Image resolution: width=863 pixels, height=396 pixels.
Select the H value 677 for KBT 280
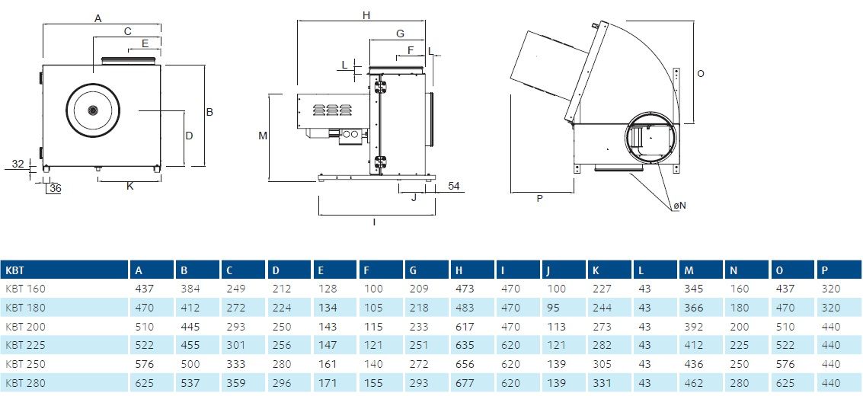465,383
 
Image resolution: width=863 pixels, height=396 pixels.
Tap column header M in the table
689,270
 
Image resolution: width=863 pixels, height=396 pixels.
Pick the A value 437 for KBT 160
145,289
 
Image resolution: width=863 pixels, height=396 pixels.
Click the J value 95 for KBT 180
552,308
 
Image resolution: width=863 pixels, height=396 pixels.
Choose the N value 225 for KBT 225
739,346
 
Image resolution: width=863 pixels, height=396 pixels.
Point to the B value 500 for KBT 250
190,364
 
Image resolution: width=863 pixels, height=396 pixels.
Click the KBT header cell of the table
15,270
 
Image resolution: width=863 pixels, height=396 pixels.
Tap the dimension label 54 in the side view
453,186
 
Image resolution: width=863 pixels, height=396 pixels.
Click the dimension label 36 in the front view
55,189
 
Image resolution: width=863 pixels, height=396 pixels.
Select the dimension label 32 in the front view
18,163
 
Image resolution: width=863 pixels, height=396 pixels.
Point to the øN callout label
679,205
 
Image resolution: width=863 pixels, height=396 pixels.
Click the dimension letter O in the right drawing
701,73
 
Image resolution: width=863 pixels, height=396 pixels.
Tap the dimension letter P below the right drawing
539,199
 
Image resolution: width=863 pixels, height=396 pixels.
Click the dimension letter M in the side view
263,136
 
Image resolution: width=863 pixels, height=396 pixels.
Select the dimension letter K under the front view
130,186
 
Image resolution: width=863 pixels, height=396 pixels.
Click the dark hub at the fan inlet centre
93,110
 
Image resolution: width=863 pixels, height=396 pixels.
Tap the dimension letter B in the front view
209,112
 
